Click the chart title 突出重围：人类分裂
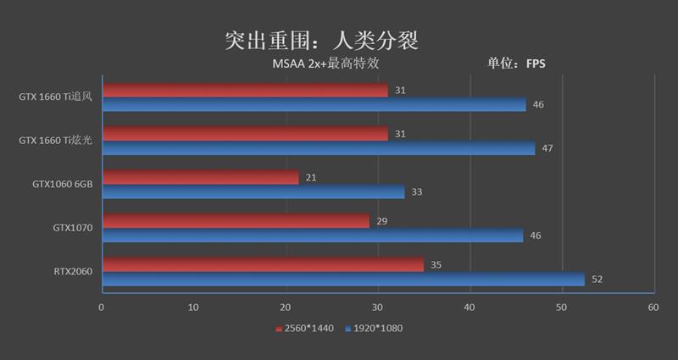322,41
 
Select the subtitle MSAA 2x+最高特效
331,64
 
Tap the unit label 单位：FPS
516,64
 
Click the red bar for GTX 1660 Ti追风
245,90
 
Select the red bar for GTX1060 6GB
200,177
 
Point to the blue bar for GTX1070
312,235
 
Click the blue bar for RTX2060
343,279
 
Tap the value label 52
597,280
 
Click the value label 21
311,177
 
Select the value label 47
547,148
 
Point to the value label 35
436,265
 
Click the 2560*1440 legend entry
305,328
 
